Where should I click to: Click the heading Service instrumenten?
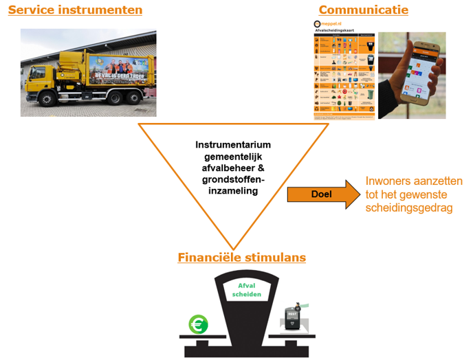tap(75, 10)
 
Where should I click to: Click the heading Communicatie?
tap(363, 10)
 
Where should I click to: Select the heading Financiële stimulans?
tap(241, 258)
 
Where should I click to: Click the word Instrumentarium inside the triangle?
tap(233, 145)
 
